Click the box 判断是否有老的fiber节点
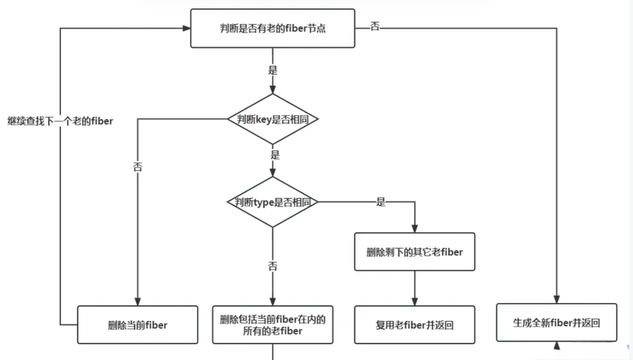tap(272, 28)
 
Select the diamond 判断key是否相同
tap(273, 119)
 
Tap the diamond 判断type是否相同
tap(272, 202)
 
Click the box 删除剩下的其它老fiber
tap(414, 252)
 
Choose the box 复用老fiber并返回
tap(414, 324)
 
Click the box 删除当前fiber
tap(137, 325)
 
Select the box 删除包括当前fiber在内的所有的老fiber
tap(272, 324)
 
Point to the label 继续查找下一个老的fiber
tap(60, 121)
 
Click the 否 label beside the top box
tap(374, 27)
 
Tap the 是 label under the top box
tap(272, 71)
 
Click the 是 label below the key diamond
tap(275, 155)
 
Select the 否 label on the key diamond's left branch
tap(137, 167)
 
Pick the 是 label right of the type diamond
tap(381, 202)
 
